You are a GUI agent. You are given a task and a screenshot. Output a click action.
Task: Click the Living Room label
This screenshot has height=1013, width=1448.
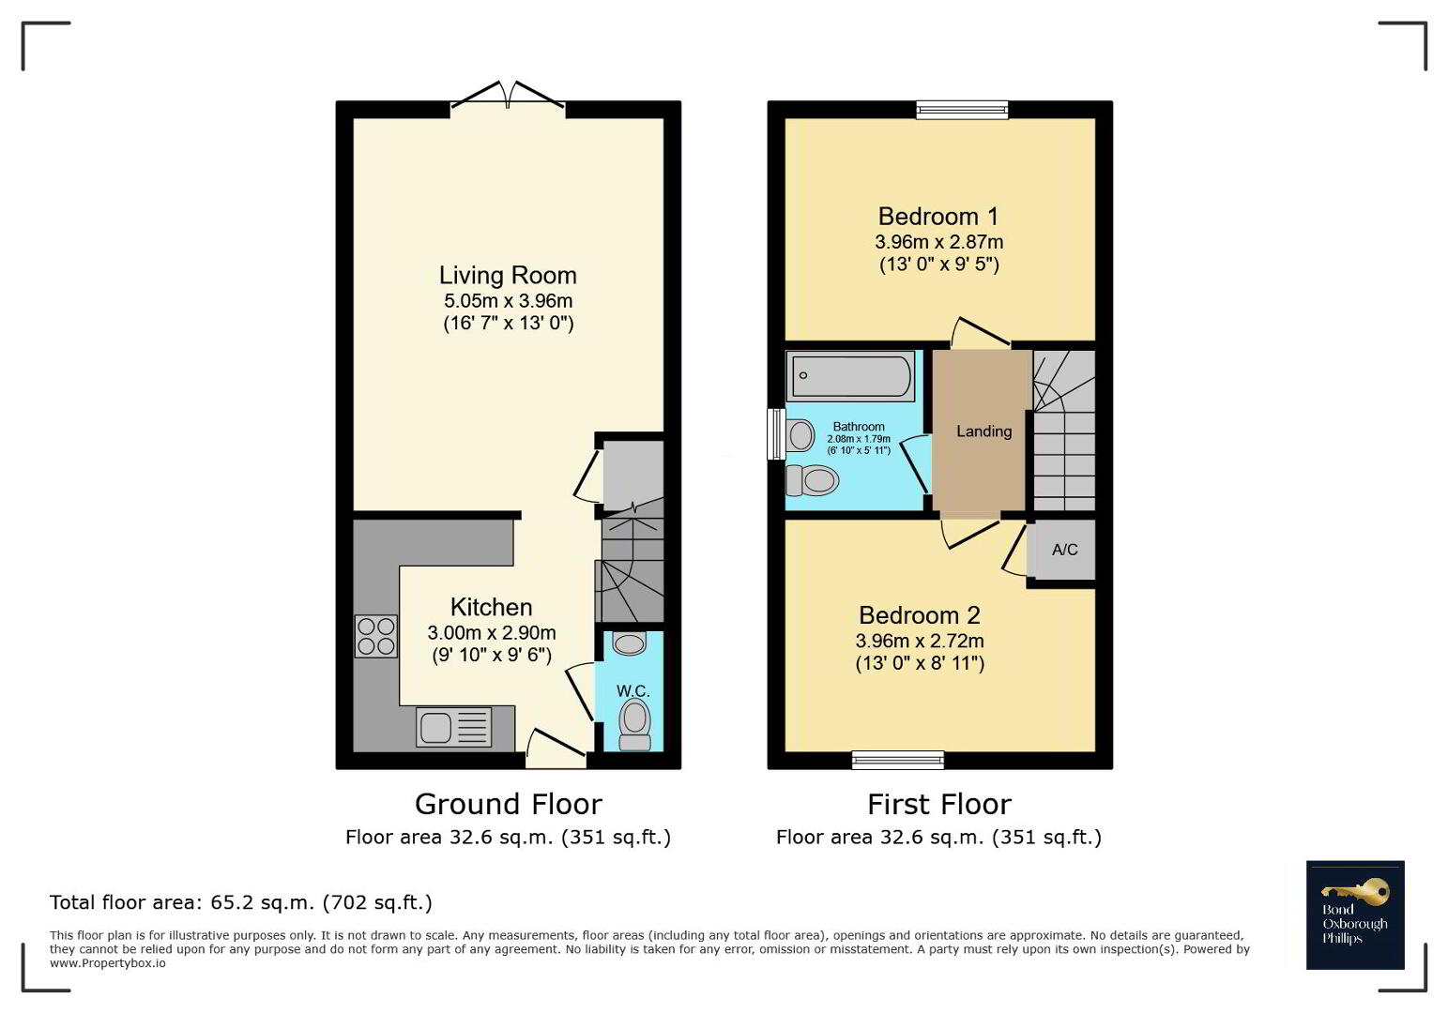click(508, 275)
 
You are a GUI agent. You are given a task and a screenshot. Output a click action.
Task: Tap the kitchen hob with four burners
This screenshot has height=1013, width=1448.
click(375, 636)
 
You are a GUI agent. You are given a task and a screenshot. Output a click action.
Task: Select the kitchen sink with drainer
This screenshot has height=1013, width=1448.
click(454, 728)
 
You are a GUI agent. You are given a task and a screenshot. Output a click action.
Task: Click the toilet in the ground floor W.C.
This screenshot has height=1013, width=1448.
click(634, 725)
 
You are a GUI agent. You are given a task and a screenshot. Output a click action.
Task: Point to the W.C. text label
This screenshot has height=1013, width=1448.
click(633, 690)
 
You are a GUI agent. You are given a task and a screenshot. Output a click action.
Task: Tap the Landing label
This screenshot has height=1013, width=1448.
click(983, 431)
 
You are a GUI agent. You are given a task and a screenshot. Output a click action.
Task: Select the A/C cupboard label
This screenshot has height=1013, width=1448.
click(1065, 549)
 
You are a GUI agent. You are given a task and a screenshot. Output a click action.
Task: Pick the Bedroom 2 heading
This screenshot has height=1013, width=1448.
click(920, 615)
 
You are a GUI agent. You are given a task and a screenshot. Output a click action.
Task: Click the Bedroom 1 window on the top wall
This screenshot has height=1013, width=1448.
click(962, 110)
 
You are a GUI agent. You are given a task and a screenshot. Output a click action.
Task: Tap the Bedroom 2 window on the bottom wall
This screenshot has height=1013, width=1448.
click(898, 760)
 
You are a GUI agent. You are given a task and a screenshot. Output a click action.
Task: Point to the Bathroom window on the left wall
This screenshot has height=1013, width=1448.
click(776, 433)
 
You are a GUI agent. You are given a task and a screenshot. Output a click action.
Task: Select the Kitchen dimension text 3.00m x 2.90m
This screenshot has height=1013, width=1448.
click(492, 632)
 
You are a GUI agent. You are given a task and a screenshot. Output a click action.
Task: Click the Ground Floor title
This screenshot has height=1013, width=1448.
click(508, 805)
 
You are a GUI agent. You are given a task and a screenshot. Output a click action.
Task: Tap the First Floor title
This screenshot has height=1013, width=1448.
click(938, 805)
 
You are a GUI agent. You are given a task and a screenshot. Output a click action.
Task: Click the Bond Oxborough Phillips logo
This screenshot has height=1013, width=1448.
click(1355, 915)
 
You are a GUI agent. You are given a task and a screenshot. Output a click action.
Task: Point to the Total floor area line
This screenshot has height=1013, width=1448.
click(241, 902)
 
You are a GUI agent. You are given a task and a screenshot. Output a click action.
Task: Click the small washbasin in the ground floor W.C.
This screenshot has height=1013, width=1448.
click(629, 643)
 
